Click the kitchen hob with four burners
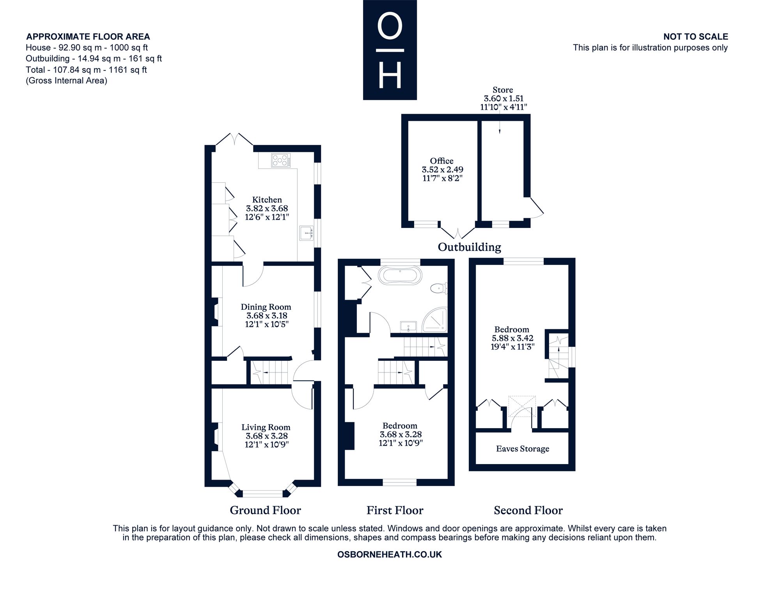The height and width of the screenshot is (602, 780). (281, 160)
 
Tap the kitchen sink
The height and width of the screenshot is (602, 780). (307, 233)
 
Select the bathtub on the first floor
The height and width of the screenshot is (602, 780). (400, 275)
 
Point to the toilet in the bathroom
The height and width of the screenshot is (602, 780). (439, 288)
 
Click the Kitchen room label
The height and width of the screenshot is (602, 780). (267, 199)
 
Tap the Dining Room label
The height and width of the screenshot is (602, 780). (266, 307)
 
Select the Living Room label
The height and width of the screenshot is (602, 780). (266, 427)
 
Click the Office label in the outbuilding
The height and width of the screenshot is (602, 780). (442, 161)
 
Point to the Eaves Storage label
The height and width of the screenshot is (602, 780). (523, 448)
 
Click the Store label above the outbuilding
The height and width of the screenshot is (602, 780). (503, 90)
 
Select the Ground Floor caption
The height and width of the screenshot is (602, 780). (265, 510)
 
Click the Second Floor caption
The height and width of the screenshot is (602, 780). (528, 510)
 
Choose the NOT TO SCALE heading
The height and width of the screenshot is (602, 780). (696, 37)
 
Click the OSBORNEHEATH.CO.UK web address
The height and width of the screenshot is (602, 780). (390, 554)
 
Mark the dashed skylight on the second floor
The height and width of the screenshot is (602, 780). (522, 406)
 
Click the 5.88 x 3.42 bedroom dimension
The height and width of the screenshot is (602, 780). (512, 338)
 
